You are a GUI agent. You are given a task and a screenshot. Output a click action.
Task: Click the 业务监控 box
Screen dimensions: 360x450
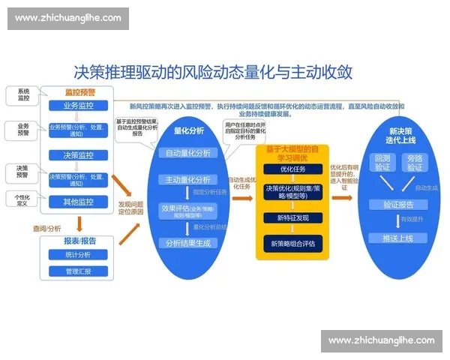(x=78, y=106)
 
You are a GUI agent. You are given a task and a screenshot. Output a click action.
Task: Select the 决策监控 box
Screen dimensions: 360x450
(x=78, y=155)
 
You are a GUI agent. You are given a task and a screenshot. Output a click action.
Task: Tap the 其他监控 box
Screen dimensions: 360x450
(x=78, y=202)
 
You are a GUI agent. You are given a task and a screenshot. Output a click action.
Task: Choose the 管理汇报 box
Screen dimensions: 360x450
(x=78, y=271)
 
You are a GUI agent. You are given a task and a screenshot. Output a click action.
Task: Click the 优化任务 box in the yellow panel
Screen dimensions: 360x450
(x=292, y=169)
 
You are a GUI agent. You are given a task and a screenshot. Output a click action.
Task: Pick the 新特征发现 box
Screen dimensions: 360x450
(x=292, y=217)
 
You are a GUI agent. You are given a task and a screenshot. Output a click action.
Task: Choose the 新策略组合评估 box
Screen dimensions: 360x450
(x=292, y=243)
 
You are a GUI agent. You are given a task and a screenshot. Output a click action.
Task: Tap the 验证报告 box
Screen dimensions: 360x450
(x=397, y=204)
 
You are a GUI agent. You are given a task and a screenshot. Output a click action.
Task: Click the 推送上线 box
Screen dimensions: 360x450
(x=397, y=237)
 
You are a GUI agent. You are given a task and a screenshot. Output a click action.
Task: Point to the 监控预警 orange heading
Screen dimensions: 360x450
(x=79, y=91)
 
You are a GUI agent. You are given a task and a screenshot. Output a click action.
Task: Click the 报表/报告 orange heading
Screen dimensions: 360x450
(x=79, y=241)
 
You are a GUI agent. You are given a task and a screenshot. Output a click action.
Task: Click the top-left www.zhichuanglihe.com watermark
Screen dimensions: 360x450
(x=68, y=18)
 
